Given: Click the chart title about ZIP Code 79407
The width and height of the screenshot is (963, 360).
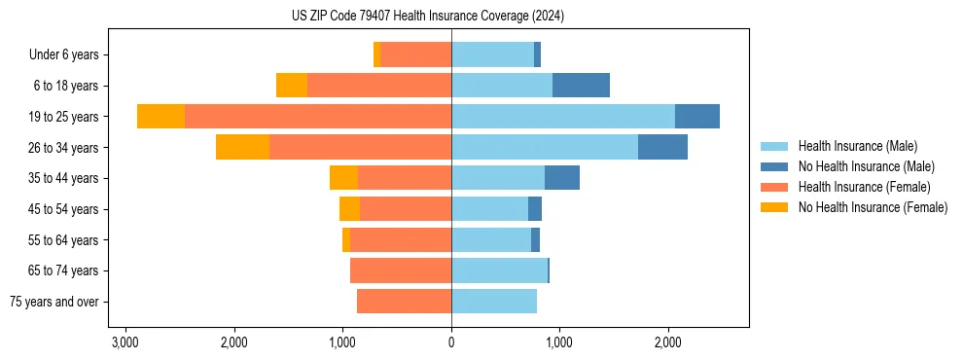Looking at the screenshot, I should pyautogui.click(x=427, y=17).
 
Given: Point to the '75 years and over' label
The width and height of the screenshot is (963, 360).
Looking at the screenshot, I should pyautogui.click(x=53, y=302).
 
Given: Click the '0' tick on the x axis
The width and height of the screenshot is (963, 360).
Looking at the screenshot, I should pyautogui.click(x=451, y=342).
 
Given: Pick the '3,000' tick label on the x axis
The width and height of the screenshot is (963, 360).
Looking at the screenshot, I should pyautogui.click(x=125, y=342).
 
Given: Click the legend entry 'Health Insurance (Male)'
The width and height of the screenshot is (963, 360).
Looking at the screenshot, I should pyautogui.click(x=857, y=146).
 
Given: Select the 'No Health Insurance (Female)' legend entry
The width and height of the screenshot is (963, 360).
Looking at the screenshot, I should pyautogui.click(x=873, y=207).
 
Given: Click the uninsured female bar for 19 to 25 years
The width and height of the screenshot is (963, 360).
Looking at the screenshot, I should pyautogui.click(x=160, y=117).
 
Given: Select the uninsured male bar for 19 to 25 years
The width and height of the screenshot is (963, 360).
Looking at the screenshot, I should pyautogui.click(x=697, y=117).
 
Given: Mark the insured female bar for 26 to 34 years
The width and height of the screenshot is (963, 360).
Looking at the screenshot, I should pyautogui.click(x=360, y=147).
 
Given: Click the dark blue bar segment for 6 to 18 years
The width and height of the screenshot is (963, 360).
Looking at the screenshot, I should pyautogui.click(x=581, y=86).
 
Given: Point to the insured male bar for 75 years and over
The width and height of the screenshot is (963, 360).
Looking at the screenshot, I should pyautogui.click(x=494, y=302).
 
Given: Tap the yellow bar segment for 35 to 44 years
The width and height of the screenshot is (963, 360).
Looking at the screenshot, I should pyautogui.click(x=343, y=178).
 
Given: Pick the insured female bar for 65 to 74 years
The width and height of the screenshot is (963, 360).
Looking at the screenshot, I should pyautogui.click(x=401, y=270).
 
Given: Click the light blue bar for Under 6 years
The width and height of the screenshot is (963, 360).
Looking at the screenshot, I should pyautogui.click(x=492, y=54).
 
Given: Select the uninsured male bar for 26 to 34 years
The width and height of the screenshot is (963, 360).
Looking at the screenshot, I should pyautogui.click(x=662, y=147).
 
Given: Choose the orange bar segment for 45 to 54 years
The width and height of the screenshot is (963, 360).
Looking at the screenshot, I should pyautogui.click(x=406, y=209).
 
